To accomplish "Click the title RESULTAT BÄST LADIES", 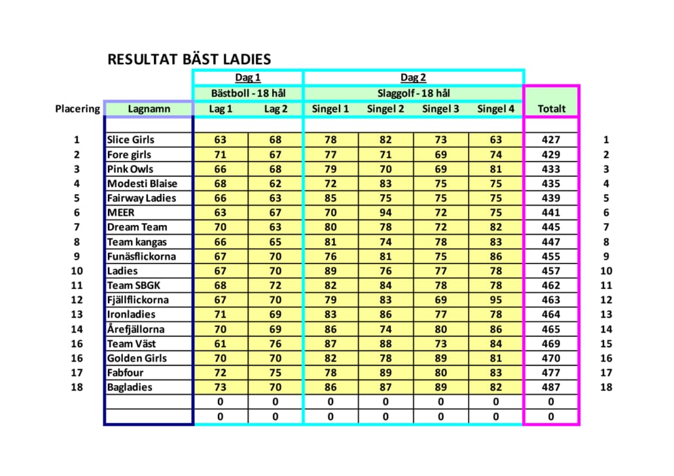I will pyautogui.click(x=189, y=59).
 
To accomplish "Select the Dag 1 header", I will pyautogui.click(x=247, y=78).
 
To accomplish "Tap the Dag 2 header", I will pyautogui.click(x=413, y=78).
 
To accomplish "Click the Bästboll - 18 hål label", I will pyautogui.click(x=247, y=93).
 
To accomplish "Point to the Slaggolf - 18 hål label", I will pyautogui.click(x=413, y=93).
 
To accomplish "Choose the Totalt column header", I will pyautogui.click(x=551, y=109).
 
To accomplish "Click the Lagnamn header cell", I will pyautogui.click(x=149, y=109).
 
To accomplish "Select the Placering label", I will pyautogui.click(x=77, y=109).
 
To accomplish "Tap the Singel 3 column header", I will pyautogui.click(x=440, y=109).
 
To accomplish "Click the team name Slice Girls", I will pyautogui.click(x=131, y=140).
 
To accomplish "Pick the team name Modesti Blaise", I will pyautogui.click(x=142, y=184).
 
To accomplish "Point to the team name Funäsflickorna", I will pyautogui.click(x=141, y=256).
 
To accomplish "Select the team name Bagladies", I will pyautogui.click(x=130, y=387).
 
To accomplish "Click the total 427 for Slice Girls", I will pyautogui.click(x=551, y=140).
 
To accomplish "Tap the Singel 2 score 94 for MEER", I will pyautogui.click(x=385, y=212).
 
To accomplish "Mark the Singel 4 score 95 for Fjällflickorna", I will pyautogui.click(x=496, y=300).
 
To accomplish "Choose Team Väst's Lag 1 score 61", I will pyautogui.click(x=221, y=344).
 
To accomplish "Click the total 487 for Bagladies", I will pyautogui.click(x=551, y=387).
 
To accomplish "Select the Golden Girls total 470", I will pyautogui.click(x=551, y=358).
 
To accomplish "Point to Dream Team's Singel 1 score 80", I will pyautogui.click(x=330, y=228).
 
